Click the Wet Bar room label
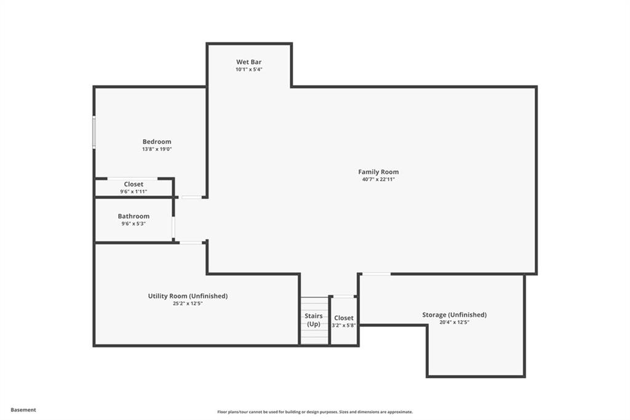pos(249,62)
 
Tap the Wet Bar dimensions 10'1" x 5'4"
pos(249,70)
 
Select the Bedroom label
pos(157,142)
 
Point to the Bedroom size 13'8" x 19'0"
pos(157,149)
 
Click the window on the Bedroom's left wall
pos(94,132)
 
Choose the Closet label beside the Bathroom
pos(134,184)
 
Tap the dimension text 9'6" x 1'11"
pos(134,192)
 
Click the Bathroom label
pos(134,216)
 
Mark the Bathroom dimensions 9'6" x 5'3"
pos(134,224)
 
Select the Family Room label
pos(378,172)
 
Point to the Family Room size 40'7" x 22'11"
pos(378,179)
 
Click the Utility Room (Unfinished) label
pos(188,296)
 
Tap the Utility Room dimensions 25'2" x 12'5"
pos(188,303)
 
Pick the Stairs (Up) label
pos(314,320)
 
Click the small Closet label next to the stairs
pos(344,318)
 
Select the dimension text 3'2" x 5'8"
pos(344,325)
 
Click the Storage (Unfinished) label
pos(454,315)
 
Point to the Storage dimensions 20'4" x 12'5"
pos(454,322)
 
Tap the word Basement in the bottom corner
pos(23,410)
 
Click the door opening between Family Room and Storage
pos(375,274)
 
